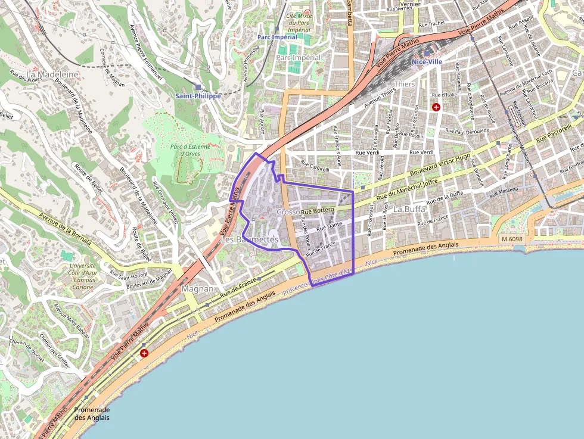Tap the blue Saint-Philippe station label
(198, 95)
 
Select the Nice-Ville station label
(427, 61)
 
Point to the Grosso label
(288, 212)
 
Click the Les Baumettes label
(249, 239)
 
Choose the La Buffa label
(410, 209)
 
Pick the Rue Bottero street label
(318, 211)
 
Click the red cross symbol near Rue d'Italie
(436, 107)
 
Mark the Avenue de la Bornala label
(64, 230)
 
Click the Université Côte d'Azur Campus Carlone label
(83, 276)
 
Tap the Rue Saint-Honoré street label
(128, 274)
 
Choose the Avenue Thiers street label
(380, 96)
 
